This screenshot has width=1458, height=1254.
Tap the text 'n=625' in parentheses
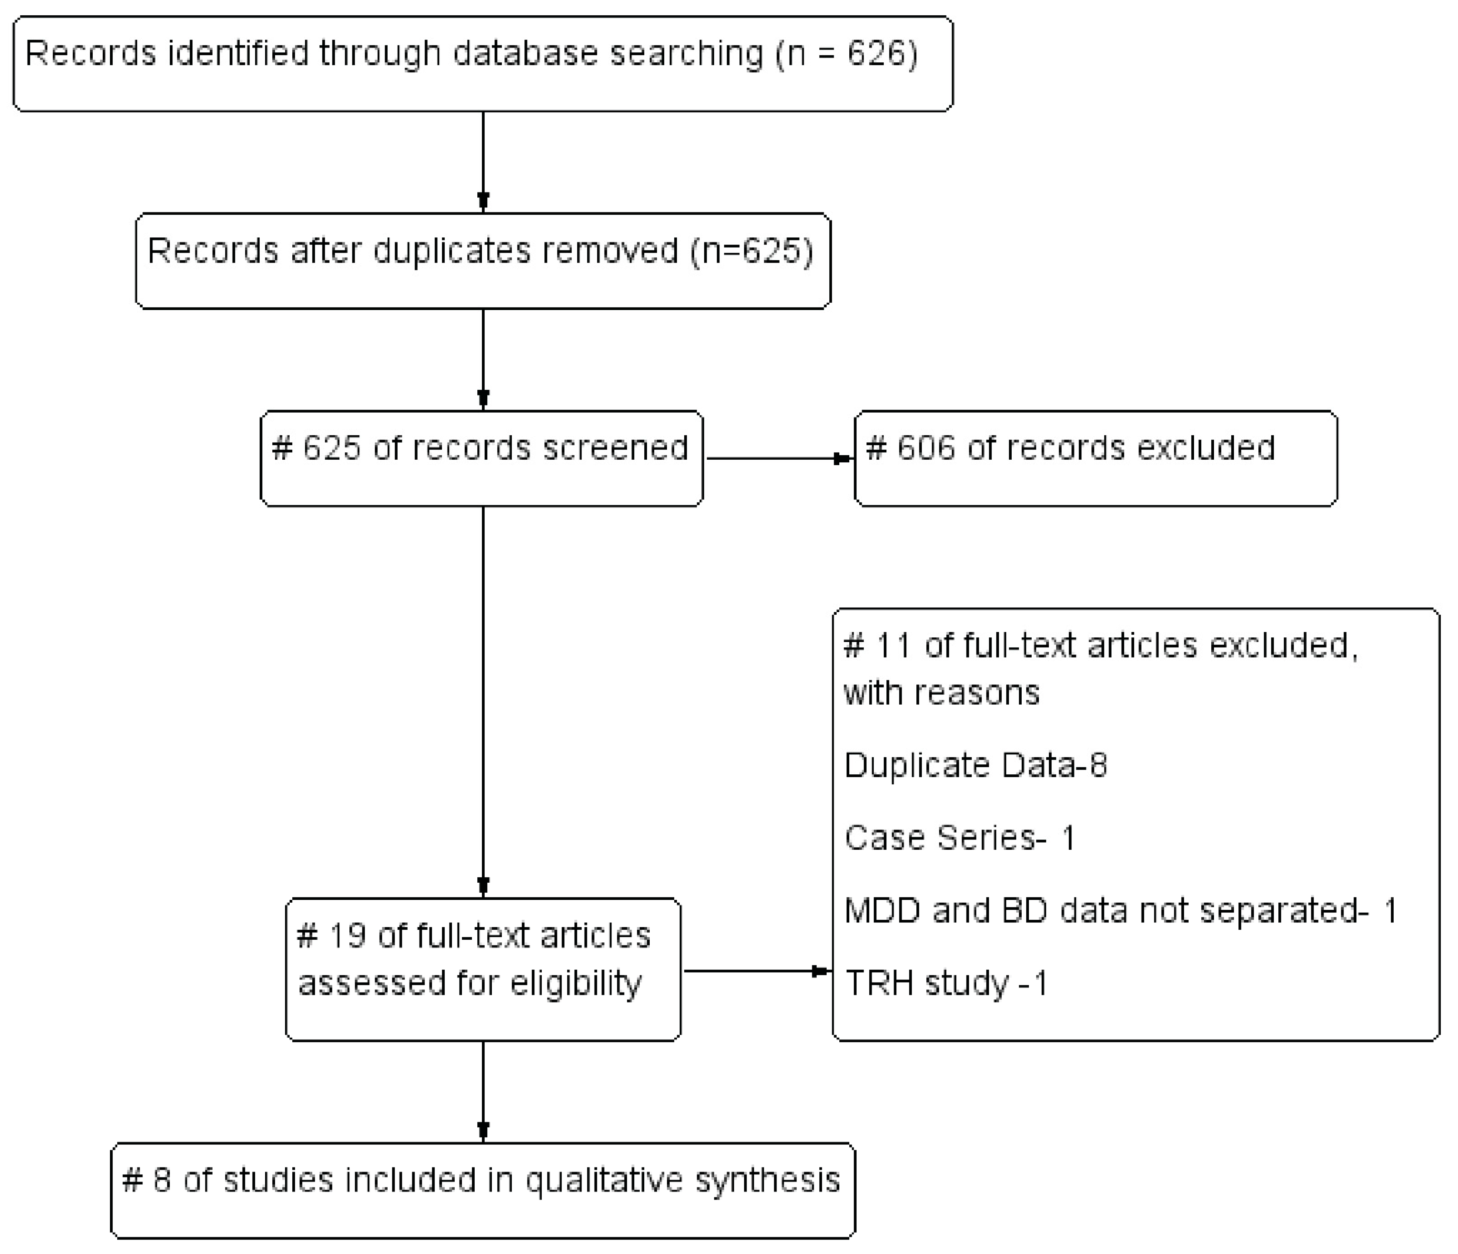752,251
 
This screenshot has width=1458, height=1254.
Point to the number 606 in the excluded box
925,448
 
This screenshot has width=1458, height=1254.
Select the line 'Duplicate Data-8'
975,765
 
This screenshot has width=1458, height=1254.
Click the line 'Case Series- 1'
960,838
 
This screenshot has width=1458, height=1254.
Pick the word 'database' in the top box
524,54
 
